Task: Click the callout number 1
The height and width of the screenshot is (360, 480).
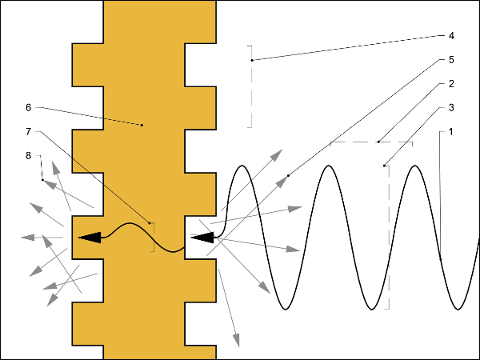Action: point(451,131)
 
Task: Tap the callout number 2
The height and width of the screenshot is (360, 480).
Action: point(451,83)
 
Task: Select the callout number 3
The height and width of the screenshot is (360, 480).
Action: point(451,107)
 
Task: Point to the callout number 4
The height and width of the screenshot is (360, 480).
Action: point(451,36)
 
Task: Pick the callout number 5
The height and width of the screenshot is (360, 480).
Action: point(451,60)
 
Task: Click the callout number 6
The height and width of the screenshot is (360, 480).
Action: point(28,106)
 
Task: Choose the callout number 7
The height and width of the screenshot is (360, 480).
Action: point(28,130)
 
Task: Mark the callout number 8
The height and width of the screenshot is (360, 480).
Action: point(28,155)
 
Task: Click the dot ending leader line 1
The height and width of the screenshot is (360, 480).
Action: point(441,259)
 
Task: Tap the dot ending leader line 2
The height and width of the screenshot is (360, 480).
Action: point(378,142)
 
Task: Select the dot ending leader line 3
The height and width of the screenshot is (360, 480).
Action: point(384,166)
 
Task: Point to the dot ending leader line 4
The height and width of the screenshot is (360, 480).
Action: point(252,60)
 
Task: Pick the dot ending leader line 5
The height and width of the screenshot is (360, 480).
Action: point(288,174)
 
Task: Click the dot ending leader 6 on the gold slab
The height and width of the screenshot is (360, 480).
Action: point(142,125)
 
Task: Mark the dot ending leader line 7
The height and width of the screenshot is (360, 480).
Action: point(150,222)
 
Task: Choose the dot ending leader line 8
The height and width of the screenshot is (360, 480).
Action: point(42,180)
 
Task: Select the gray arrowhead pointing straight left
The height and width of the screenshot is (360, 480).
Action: point(27,237)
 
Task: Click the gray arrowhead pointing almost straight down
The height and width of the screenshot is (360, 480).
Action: point(236,342)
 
